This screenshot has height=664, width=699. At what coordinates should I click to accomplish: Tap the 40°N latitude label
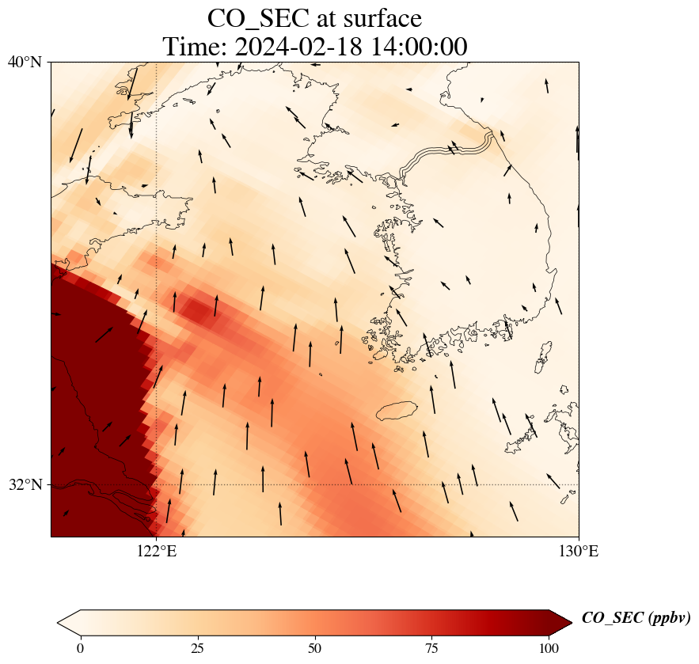point(25,62)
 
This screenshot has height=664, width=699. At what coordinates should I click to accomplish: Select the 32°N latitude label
point(25,484)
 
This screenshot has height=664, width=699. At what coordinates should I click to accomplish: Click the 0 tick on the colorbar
point(80,649)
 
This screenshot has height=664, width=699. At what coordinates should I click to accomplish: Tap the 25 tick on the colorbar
point(198,649)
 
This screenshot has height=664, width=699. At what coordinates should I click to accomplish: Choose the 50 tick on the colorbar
point(315,649)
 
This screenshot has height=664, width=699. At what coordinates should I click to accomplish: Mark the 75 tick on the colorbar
point(432,649)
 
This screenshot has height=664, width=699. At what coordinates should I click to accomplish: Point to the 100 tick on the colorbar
point(549,649)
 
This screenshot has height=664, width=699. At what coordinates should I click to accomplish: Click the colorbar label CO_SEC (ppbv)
point(636,618)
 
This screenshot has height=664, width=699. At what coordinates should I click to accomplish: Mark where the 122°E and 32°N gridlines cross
point(157,484)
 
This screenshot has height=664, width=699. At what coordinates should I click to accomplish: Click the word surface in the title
point(376,17)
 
